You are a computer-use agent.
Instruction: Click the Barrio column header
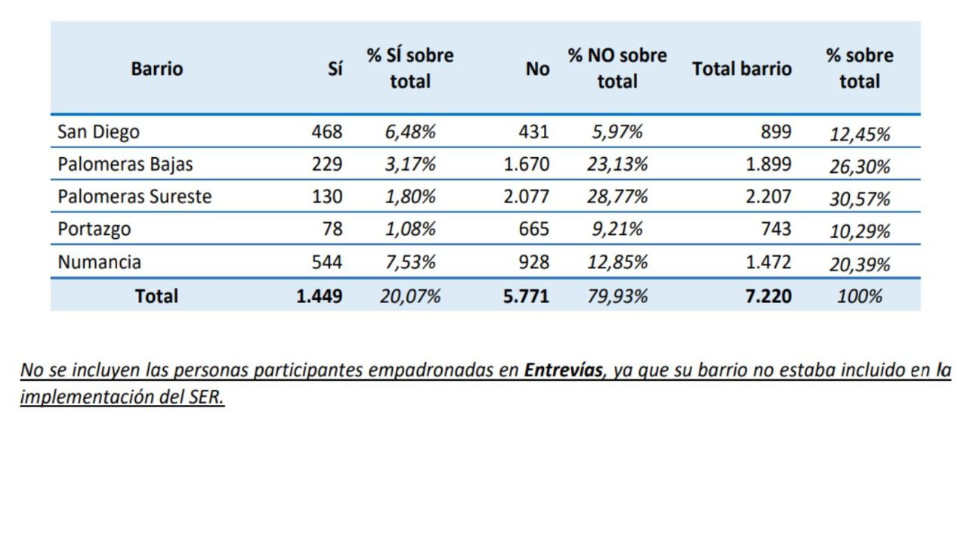(x=157, y=69)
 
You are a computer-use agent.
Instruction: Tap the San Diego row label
(x=98, y=132)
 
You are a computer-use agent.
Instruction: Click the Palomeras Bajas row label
(x=125, y=165)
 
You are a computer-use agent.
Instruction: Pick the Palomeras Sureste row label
(x=134, y=197)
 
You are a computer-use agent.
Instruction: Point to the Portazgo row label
(x=94, y=230)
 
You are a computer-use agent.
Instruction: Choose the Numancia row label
(x=99, y=263)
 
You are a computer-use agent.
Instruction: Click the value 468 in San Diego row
(x=326, y=132)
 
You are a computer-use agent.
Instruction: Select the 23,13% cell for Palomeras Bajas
(x=617, y=165)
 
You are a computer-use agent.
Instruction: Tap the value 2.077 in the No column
(x=527, y=197)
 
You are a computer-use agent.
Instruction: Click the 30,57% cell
(x=860, y=199)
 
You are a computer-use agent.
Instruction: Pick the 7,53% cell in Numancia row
(x=410, y=263)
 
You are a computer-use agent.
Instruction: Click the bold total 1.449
(x=319, y=296)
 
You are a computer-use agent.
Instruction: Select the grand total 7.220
(x=768, y=296)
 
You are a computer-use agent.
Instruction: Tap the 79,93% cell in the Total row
(x=617, y=296)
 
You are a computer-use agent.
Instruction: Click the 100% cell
(x=860, y=296)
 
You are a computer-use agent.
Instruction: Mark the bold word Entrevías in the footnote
(x=564, y=370)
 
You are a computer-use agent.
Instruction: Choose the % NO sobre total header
(x=617, y=69)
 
